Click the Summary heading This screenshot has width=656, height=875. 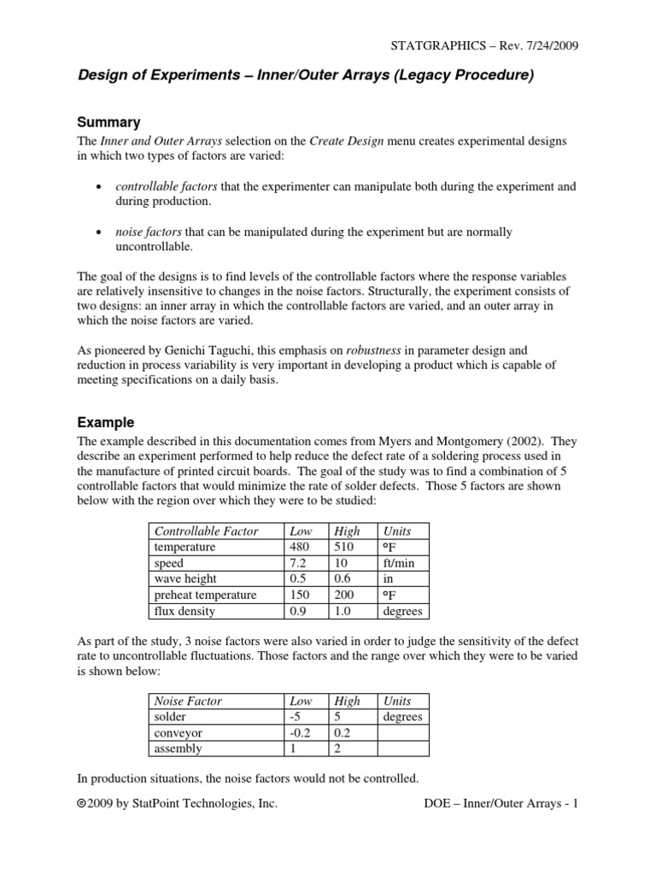tap(108, 122)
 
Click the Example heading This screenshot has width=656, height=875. tap(106, 422)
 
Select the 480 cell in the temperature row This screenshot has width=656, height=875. tap(302, 547)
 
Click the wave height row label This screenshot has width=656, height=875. tap(186, 579)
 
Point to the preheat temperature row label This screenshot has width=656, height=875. tap(205, 596)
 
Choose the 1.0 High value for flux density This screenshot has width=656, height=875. tap(346, 612)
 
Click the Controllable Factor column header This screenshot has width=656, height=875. tap(206, 531)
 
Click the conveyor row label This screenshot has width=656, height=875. tap(179, 733)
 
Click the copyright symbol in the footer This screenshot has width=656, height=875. tap(83, 805)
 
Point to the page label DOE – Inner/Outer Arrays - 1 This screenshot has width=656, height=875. tap(501, 805)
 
